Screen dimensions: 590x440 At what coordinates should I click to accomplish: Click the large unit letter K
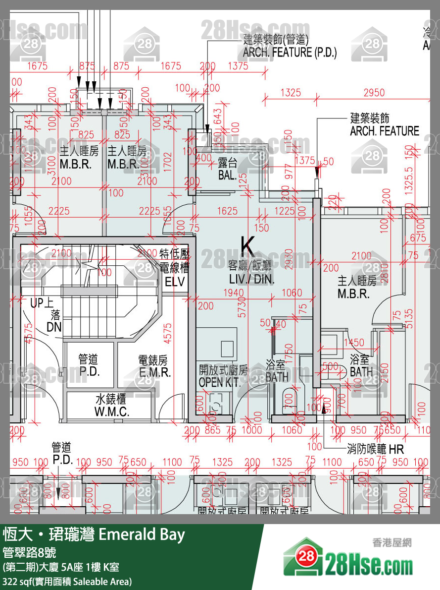(x=247, y=245)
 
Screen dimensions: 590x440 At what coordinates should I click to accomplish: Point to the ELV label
(x=175, y=282)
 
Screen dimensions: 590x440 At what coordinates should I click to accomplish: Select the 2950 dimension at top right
(x=374, y=92)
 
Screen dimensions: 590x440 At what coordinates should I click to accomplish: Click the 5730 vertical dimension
(x=243, y=307)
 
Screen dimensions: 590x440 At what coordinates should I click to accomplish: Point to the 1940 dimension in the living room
(x=234, y=293)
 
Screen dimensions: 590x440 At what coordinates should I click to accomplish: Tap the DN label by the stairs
(x=54, y=327)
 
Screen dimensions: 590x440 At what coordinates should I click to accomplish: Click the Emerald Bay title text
(x=142, y=534)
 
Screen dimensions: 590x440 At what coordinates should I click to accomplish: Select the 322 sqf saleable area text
(x=67, y=581)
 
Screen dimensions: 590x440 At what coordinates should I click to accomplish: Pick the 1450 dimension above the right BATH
(x=353, y=343)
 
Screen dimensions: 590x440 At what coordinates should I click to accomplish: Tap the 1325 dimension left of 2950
(x=291, y=92)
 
